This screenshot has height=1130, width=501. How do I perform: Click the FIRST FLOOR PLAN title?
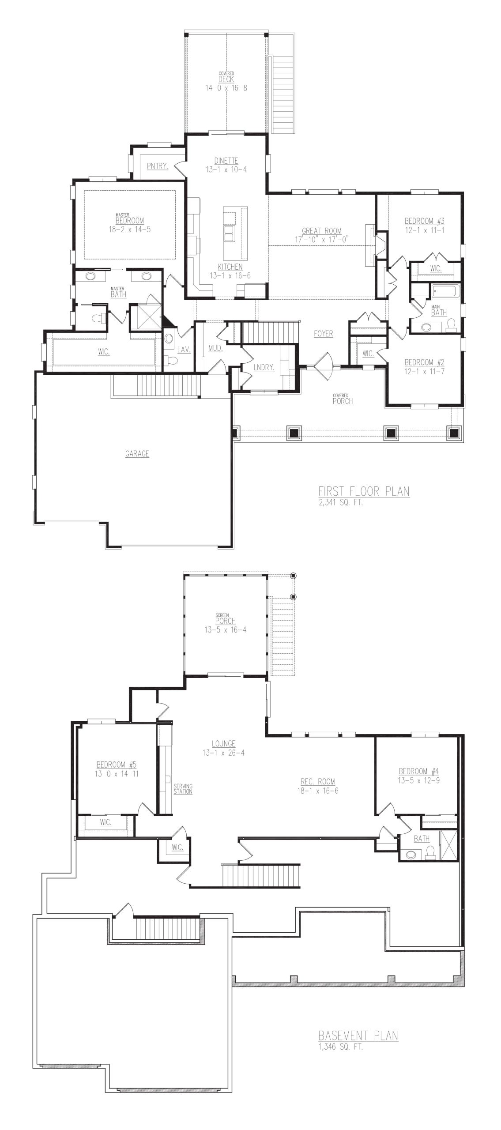click(364, 491)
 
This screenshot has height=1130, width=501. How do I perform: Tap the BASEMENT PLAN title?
click(358, 1035)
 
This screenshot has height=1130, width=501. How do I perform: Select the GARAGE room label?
click(137, 453)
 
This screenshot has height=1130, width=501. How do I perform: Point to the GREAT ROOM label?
click(322, 231)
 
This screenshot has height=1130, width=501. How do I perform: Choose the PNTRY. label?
click(157, 166)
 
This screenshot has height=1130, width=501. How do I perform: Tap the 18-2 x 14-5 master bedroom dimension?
click(130, 230)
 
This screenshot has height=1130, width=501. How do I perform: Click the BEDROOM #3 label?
click(425, 221)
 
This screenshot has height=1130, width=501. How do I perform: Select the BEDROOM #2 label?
click(425, 362)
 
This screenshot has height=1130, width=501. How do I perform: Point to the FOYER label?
click(324, 334)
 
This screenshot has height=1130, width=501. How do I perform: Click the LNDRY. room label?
click(264, 368)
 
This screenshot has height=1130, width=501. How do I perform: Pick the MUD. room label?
click(215, 349)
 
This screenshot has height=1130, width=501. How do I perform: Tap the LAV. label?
click(184, 349)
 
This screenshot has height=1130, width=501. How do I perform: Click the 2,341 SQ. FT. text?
click(341, 503)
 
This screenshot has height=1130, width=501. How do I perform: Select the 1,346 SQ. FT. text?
click(341, 1047)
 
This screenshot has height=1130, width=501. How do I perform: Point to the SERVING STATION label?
click(183, 788)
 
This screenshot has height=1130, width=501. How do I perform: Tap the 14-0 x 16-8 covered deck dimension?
click(226, 88)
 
